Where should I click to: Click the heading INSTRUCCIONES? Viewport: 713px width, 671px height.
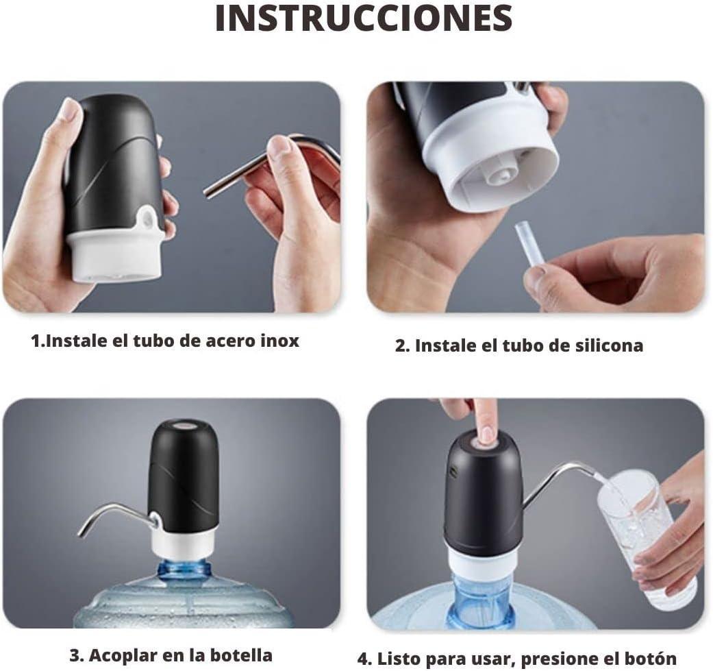pyautogui.click(x=364, y=19)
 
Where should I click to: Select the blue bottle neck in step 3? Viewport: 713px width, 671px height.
pyautogui.click(x=183, y=570)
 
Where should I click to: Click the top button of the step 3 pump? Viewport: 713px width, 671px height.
pyautogui.click(x=183, y=425)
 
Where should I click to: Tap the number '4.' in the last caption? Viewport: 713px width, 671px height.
pyautogui.click(x=365, y=659)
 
